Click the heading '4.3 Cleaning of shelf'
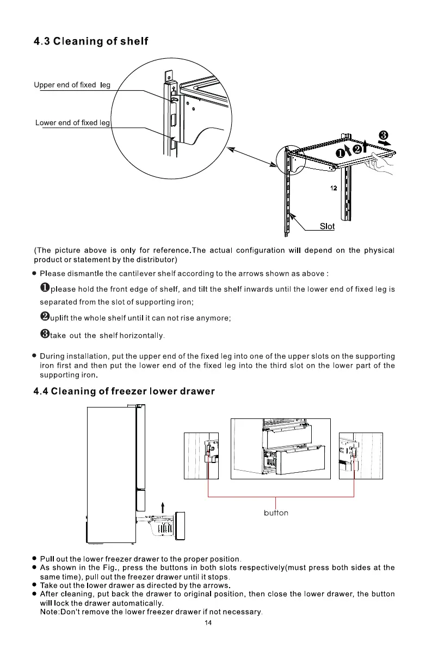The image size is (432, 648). coord(91,41)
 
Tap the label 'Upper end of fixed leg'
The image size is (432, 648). coord(72,85)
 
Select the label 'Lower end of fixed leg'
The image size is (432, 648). coord(72,123)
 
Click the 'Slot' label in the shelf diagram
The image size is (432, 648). coord(326,226)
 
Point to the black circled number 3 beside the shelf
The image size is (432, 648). coord(383,134)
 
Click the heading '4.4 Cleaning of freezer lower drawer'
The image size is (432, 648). coord(124,391)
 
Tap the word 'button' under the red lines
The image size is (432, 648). coord(276,513)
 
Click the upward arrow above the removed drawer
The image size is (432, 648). coord(155,507)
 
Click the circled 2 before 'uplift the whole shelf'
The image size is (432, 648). coord(45,317)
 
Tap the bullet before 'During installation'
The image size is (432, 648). coord(34,357)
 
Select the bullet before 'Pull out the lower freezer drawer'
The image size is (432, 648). coord(34,559)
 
